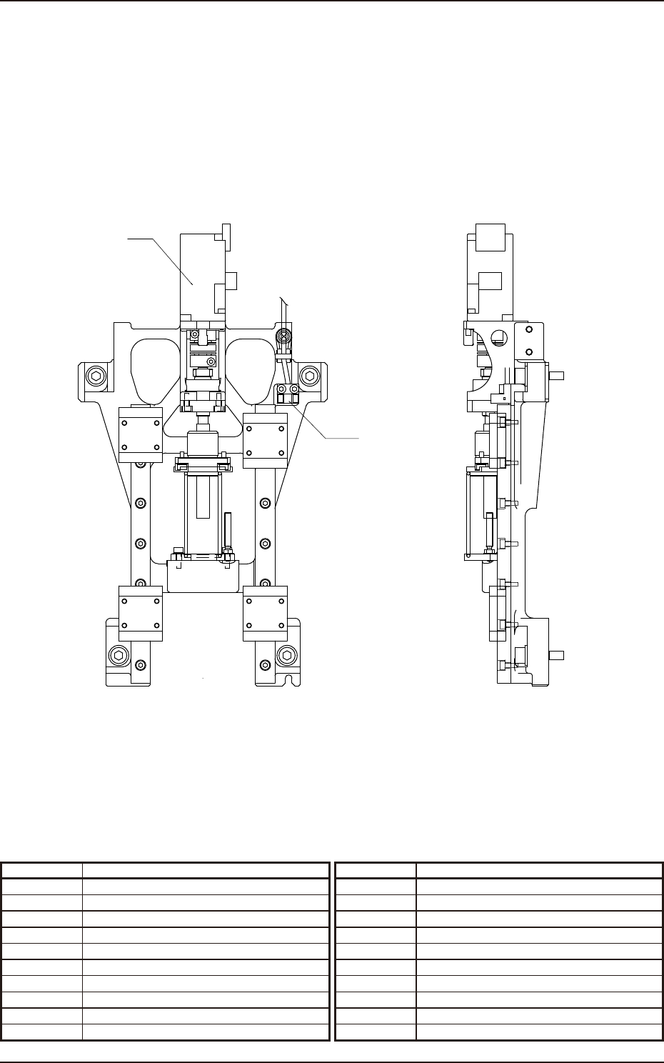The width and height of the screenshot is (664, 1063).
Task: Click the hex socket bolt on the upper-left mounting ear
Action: point(96,376)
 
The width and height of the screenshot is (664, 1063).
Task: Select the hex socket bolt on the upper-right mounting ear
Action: point(308,376)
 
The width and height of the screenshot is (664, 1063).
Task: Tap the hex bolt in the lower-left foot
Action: point(119,655)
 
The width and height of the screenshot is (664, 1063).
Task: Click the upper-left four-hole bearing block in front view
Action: point(140,435)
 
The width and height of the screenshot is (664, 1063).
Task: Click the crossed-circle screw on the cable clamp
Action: point(284,336)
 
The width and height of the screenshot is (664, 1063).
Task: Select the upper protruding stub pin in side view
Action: point(557,375)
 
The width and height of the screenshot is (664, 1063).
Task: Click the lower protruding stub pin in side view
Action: point(557,655)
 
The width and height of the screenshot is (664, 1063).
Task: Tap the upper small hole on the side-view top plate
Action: point(529,330)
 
